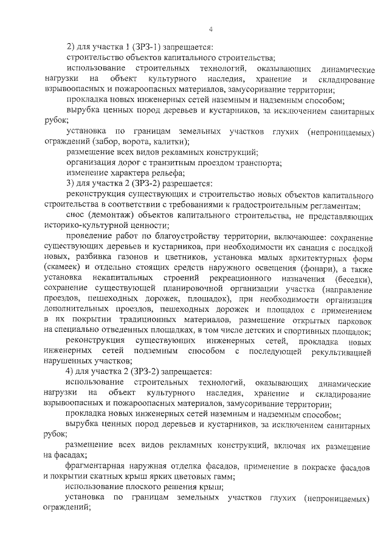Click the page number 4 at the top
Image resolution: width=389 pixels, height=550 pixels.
click(x=210, y=29)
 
